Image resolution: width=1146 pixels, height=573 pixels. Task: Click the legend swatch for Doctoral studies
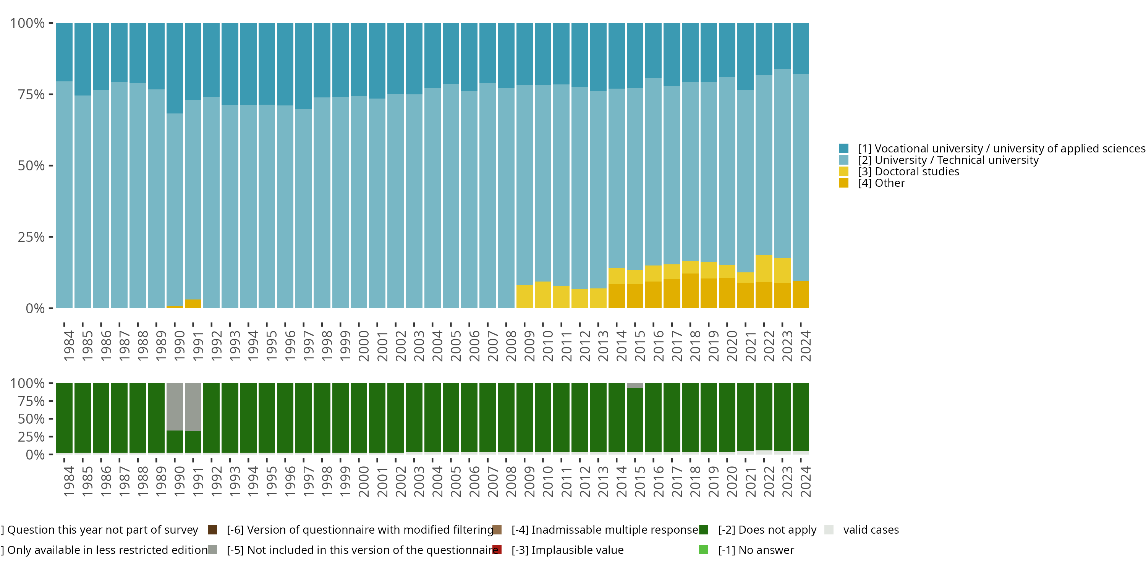point(843,171)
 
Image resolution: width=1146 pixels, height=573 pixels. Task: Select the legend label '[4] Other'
point(881,183)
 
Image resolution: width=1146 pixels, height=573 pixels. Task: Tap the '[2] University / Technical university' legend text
point(948,160)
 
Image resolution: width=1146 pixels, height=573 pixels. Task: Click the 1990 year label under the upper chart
point(179,346)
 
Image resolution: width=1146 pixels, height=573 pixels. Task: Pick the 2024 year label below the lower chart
point(805,482)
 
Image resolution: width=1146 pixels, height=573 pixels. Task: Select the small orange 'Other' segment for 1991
point(193,304)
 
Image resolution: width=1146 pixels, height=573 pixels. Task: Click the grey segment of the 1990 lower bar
point(175,406)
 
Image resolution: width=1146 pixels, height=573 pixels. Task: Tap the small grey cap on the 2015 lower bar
point(635,385)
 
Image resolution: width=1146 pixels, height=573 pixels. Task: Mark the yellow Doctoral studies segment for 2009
point(524,296)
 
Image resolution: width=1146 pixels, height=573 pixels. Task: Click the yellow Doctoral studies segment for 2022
point(764,268)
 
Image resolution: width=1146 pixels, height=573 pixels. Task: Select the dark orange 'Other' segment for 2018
point(690,290)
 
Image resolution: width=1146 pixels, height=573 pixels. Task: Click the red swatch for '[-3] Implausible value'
point(497,550)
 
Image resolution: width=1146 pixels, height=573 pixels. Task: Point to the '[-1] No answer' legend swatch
point(703,550)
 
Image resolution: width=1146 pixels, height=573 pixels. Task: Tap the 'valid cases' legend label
point(871,530)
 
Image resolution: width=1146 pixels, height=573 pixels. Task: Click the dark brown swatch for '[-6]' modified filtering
point(212,530)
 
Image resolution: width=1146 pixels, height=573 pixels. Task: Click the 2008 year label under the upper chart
point(511,346)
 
